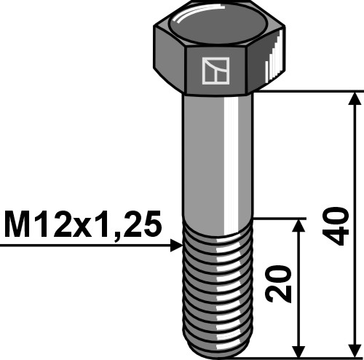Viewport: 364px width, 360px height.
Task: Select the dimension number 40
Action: pos(334,225)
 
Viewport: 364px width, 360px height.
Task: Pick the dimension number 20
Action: pos(280,283)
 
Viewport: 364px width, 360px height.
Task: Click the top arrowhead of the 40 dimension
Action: pos(355,98)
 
